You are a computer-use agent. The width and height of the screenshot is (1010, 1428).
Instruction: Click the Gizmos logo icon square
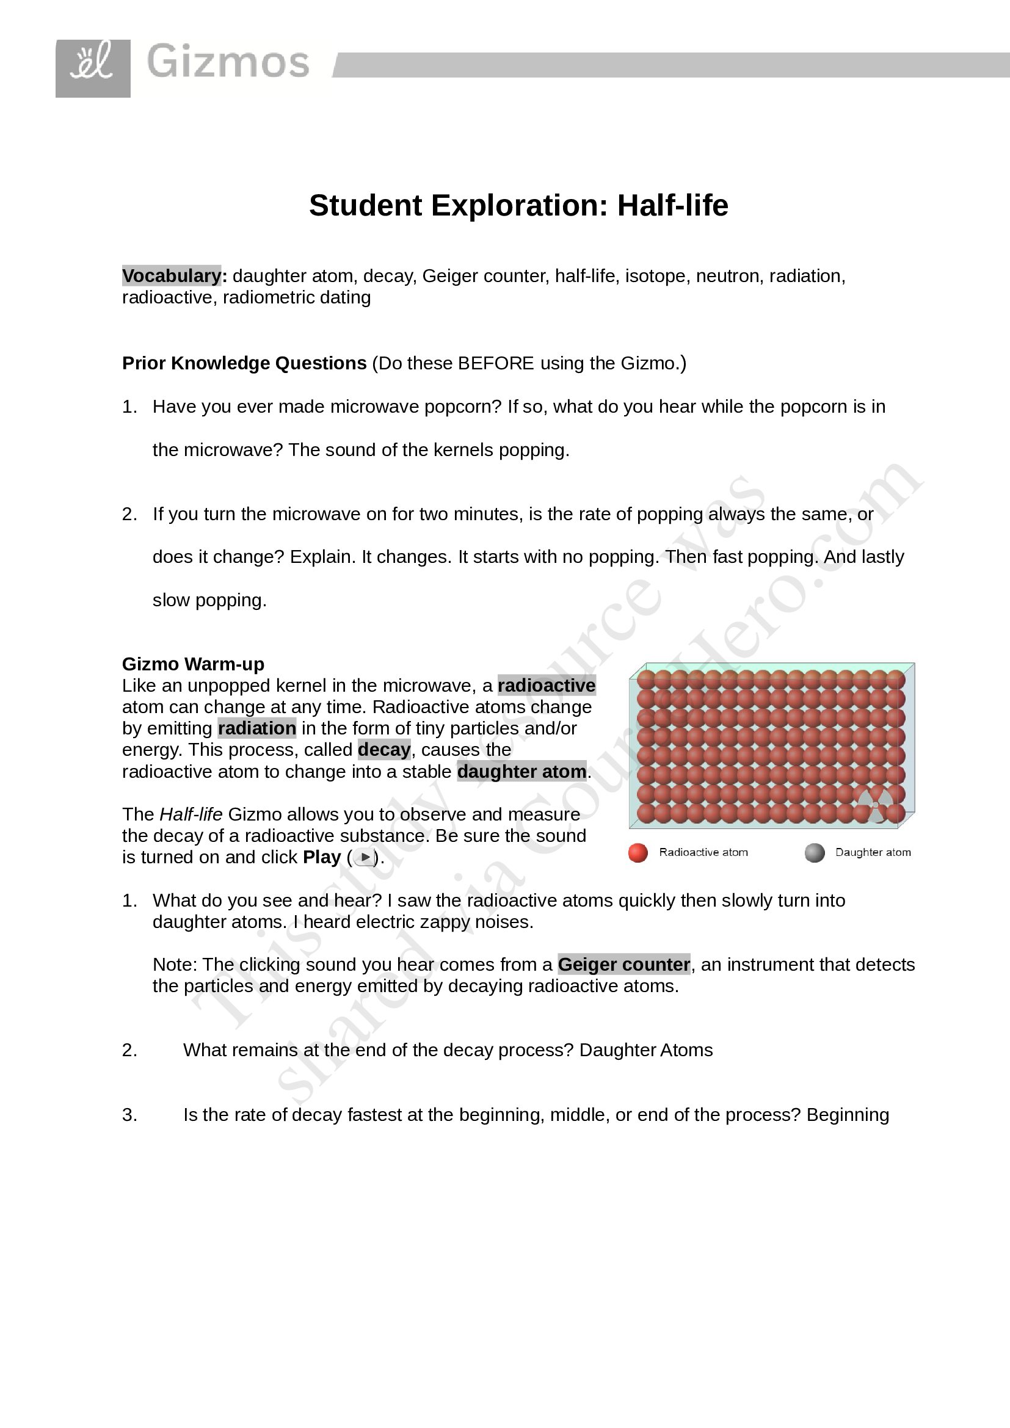pos(93,68)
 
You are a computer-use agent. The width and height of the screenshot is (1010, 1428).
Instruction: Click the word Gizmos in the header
pos(228,62)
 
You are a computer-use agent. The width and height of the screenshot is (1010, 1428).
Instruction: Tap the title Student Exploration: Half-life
pos(518,205)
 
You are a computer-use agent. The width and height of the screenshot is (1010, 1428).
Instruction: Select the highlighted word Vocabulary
pos(172,275)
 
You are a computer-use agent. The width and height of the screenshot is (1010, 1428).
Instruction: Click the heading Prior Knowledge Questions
pos(244,363)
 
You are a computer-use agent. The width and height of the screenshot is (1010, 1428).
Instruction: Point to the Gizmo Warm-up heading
pos(193,664)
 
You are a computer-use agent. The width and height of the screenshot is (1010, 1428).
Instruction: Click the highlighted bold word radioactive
pos(547,686)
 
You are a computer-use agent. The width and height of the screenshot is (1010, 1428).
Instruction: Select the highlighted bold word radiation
pos(257,728)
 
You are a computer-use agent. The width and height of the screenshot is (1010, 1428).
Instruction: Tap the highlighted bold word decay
pos(383,750)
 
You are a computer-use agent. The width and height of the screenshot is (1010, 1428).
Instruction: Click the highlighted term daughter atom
pos(521,771)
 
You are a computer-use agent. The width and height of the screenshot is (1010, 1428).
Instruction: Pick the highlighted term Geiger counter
pos(624,965)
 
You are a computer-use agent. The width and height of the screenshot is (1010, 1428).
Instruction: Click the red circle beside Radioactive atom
pos(638,853)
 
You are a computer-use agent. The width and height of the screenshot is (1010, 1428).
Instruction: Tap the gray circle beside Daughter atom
pos(814,853)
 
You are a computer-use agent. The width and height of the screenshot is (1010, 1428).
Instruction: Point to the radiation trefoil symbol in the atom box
pos(875,805)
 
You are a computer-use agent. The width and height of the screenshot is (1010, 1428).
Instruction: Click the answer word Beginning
pos(848,1115)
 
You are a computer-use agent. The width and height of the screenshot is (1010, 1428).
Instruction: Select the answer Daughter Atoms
pos(645,1050)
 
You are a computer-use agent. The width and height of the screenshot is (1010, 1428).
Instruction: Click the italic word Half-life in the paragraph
pos(191,814)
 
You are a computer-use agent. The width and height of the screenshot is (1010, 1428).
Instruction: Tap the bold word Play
pos(322,857)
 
